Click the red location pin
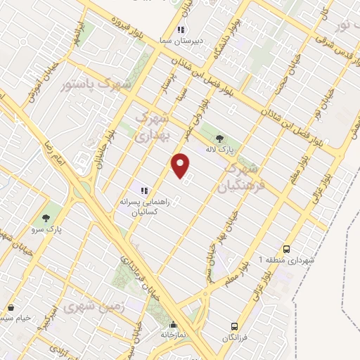[182, 166]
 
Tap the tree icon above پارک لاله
[220, 139]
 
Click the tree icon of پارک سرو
[46, 219]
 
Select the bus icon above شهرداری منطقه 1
[286, 249]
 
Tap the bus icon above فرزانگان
[236, 326]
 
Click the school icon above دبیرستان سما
[180, 30]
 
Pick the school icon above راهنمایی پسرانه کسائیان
[144, 190]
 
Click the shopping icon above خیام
[11, 307]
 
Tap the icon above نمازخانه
[174, 326]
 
